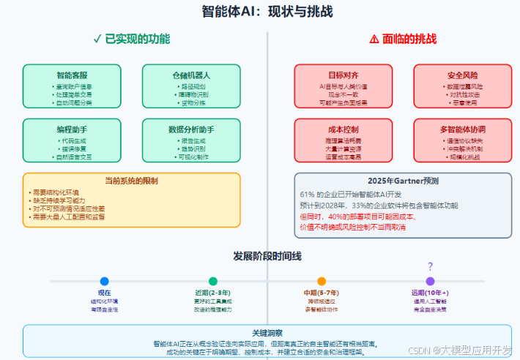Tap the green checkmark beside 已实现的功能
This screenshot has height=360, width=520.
[x=97, y=39]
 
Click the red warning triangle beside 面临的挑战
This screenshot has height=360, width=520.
[x=374, y=39]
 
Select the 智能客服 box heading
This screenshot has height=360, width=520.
[x=72, y=75]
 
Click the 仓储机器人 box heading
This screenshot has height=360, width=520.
[x=191, y=75]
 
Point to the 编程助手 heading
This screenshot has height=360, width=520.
[x=72, y=129]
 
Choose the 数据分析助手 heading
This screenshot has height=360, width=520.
[x=191, y=129]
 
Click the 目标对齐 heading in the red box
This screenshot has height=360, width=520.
[x=343, y=75]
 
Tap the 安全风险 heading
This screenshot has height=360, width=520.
[x=462, y=75]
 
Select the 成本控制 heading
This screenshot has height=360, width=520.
[x=343, y=129]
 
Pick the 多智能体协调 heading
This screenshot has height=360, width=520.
[x=462, y=129]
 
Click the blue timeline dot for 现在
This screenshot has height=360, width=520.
[x=104, y=281]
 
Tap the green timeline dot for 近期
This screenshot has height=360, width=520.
[x=213, y=281]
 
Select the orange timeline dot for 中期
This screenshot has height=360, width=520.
[x=322, y=281]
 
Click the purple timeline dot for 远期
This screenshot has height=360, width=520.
[x=430, y=281]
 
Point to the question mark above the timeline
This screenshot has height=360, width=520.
[x=430, y=266]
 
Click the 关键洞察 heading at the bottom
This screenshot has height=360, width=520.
[x=267, y=332]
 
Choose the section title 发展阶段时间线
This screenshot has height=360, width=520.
[x=267, y=255]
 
